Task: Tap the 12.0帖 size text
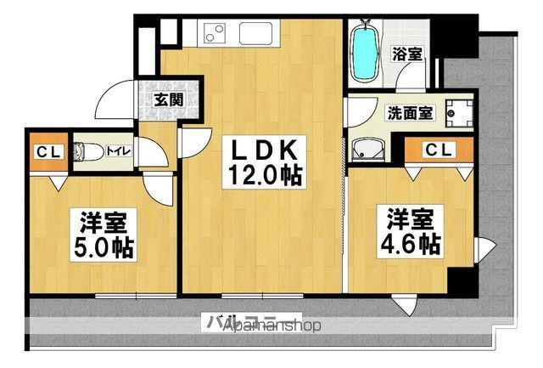point(264,176)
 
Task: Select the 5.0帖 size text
point(104,246)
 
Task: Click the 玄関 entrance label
point(168,98)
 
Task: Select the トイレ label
point(116,151)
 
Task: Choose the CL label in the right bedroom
point(438,150)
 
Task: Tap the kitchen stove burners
point(213,34)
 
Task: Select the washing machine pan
point(462,111)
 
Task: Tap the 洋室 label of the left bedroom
point(104,224)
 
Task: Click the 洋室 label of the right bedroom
point(410,218)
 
